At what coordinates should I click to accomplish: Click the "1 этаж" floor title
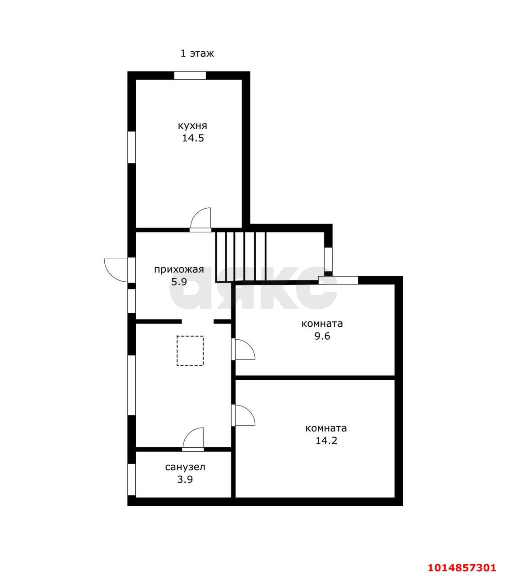point(197,53)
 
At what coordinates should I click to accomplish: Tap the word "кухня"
point(192,126)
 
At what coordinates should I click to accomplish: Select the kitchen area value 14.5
point(193,138)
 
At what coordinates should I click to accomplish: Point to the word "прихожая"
point(179,269)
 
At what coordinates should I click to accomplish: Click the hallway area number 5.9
point(179,282)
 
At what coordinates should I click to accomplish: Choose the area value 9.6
point(322,336)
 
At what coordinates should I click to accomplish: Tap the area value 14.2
point(326,441)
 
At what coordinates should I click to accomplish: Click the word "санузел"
point(185,467)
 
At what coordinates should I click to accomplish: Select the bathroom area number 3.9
point(185,480)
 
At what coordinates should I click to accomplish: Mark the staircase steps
point(240,257)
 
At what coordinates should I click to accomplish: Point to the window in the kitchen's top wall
point(190,75)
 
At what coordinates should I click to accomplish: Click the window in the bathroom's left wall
point(132,479)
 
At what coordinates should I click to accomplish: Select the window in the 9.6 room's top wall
point(338,280)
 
